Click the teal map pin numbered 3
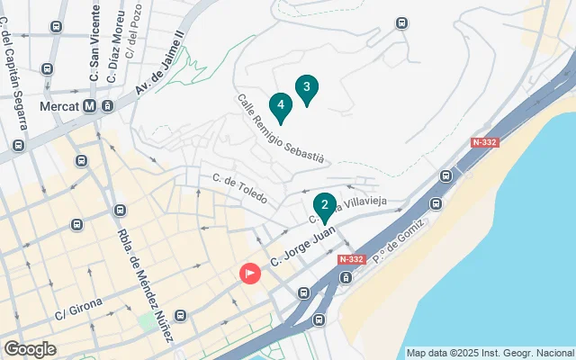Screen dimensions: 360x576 point(307,88)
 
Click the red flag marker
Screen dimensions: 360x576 point(249,272)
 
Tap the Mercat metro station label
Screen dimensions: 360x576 point(60,106)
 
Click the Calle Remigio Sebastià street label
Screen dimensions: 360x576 point(280,128)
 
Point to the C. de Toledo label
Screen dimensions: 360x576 point(239,187)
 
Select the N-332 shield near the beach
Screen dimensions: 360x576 point(351,259)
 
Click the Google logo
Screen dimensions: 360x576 point(30,349)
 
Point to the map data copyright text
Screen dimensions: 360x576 point(490,353)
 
